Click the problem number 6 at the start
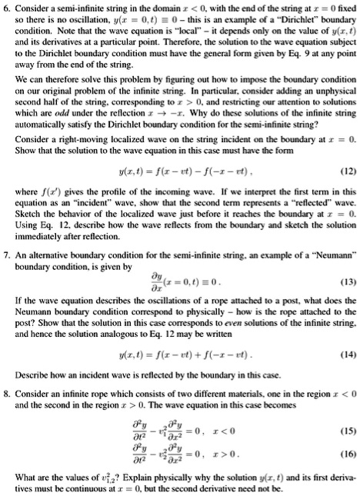(7, 6)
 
